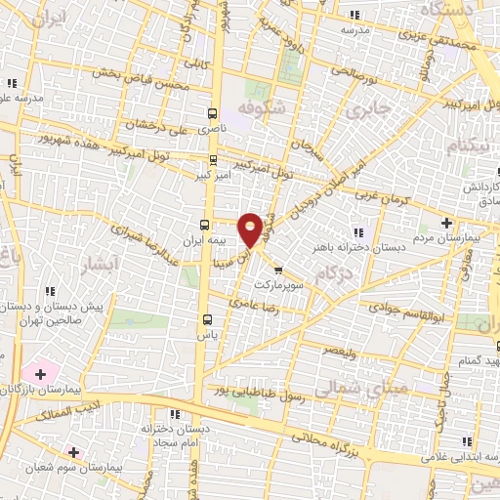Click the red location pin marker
251,229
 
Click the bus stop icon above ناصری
213,112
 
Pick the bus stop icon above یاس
206,318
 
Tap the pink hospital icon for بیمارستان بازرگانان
40,373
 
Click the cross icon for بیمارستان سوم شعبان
73,451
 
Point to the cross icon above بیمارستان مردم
446,223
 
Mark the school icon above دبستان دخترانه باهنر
357,231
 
